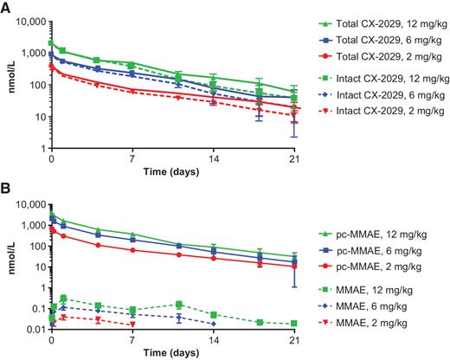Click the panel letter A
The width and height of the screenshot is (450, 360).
(5, 7)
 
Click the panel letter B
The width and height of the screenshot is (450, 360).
(5, 189)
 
